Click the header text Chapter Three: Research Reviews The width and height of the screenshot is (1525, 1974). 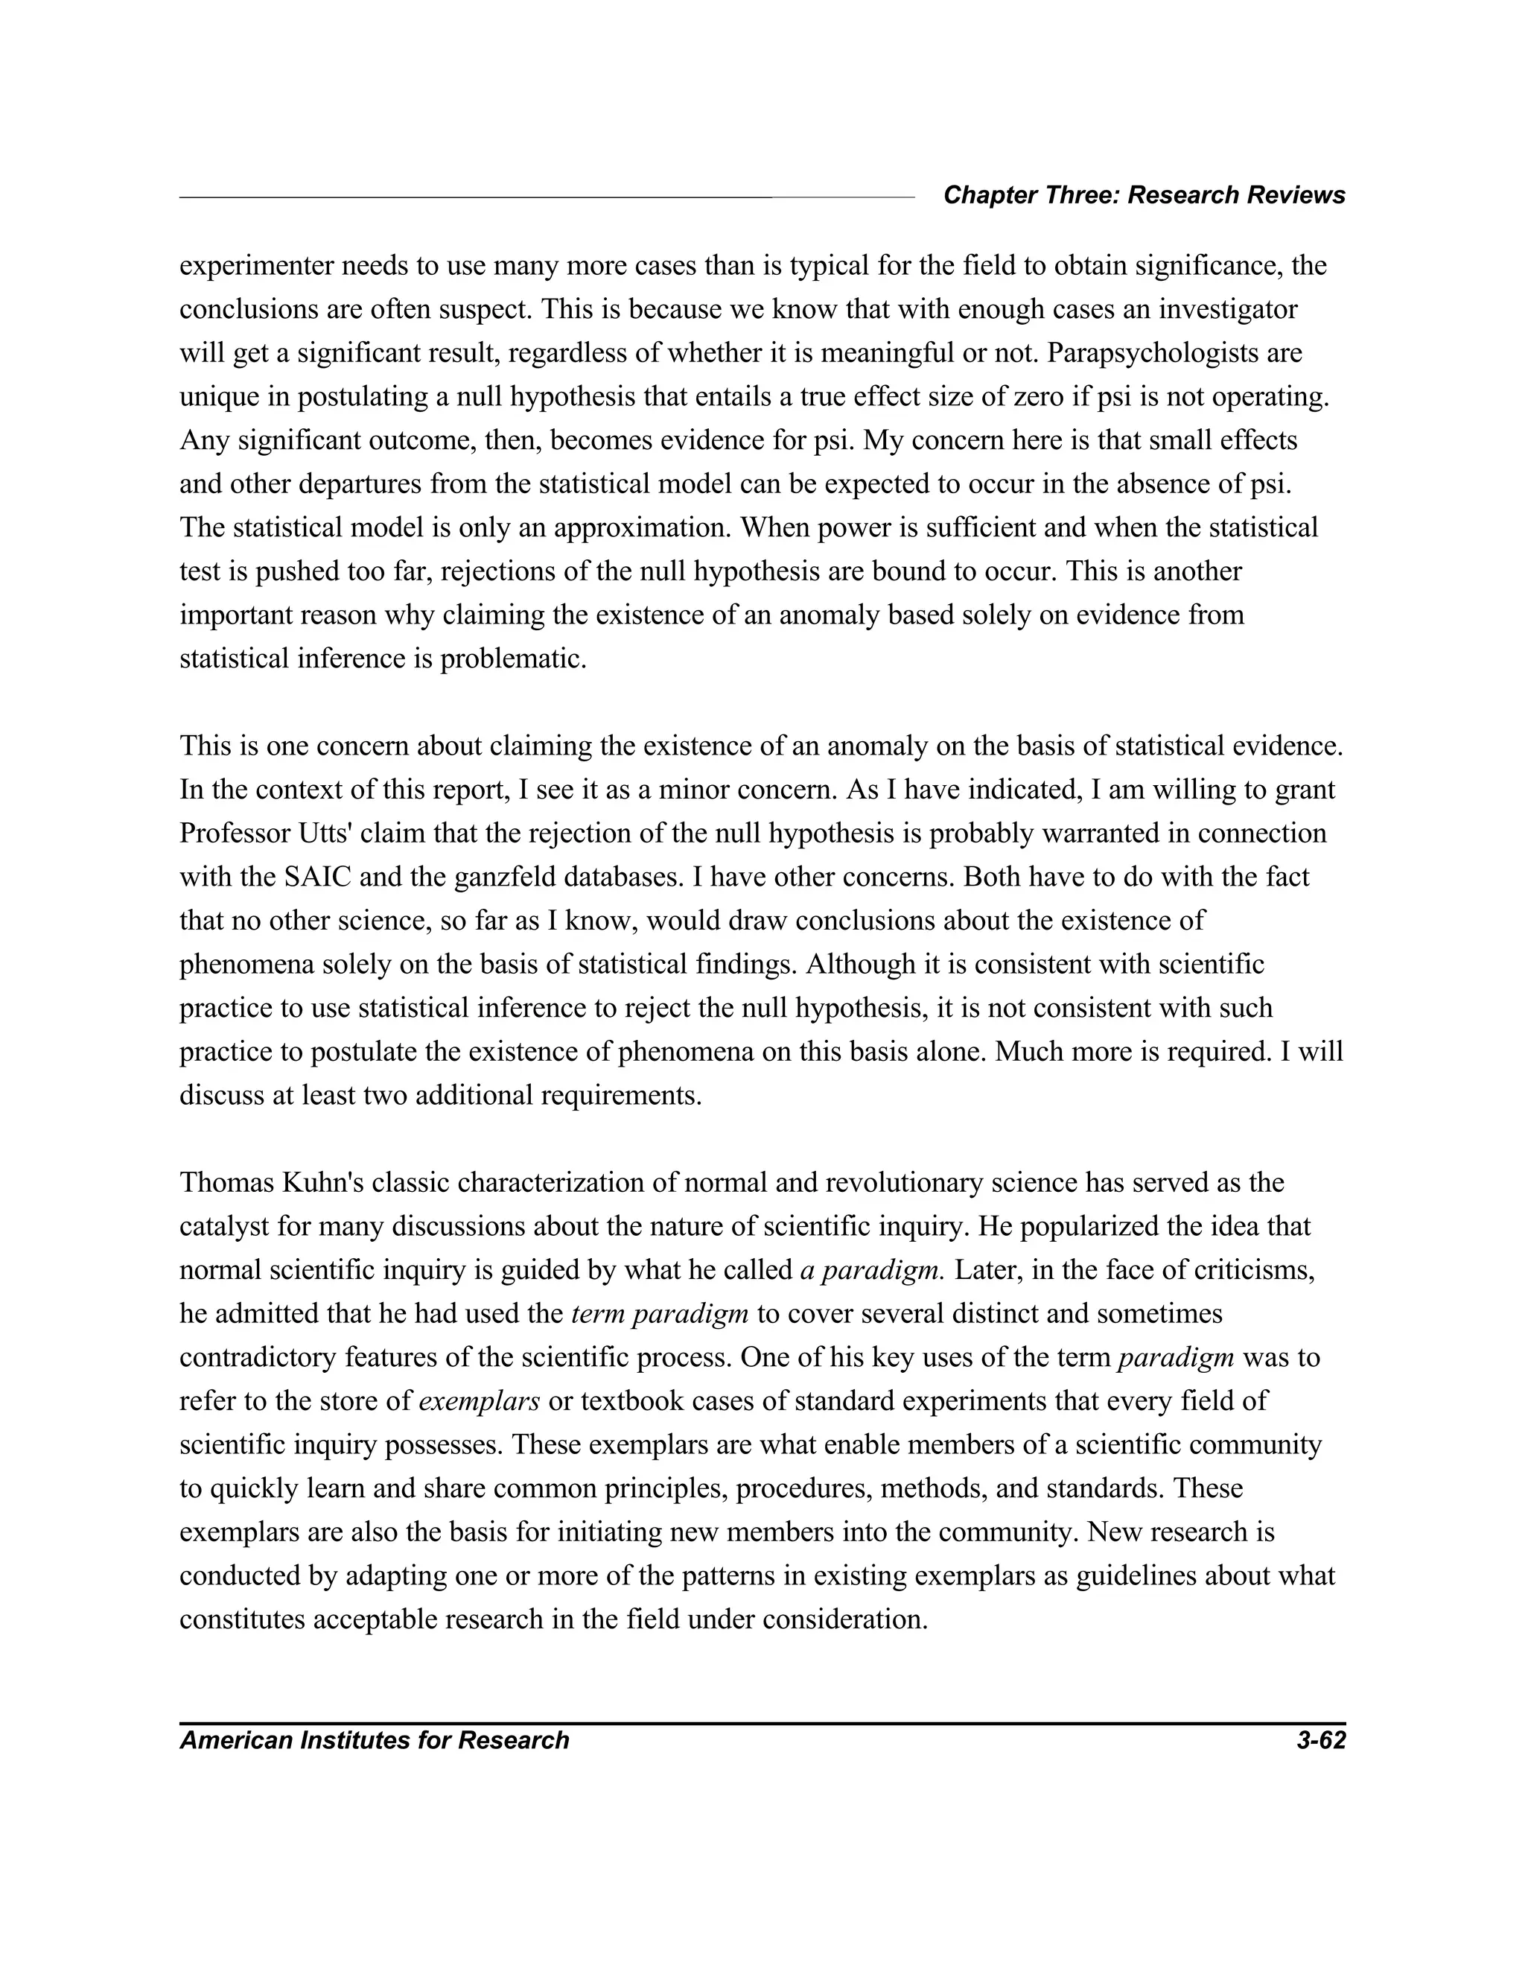pos(1144,195)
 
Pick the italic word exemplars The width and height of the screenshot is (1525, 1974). pos(480,1401)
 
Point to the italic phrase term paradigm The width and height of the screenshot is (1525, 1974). pos(660,1313)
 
